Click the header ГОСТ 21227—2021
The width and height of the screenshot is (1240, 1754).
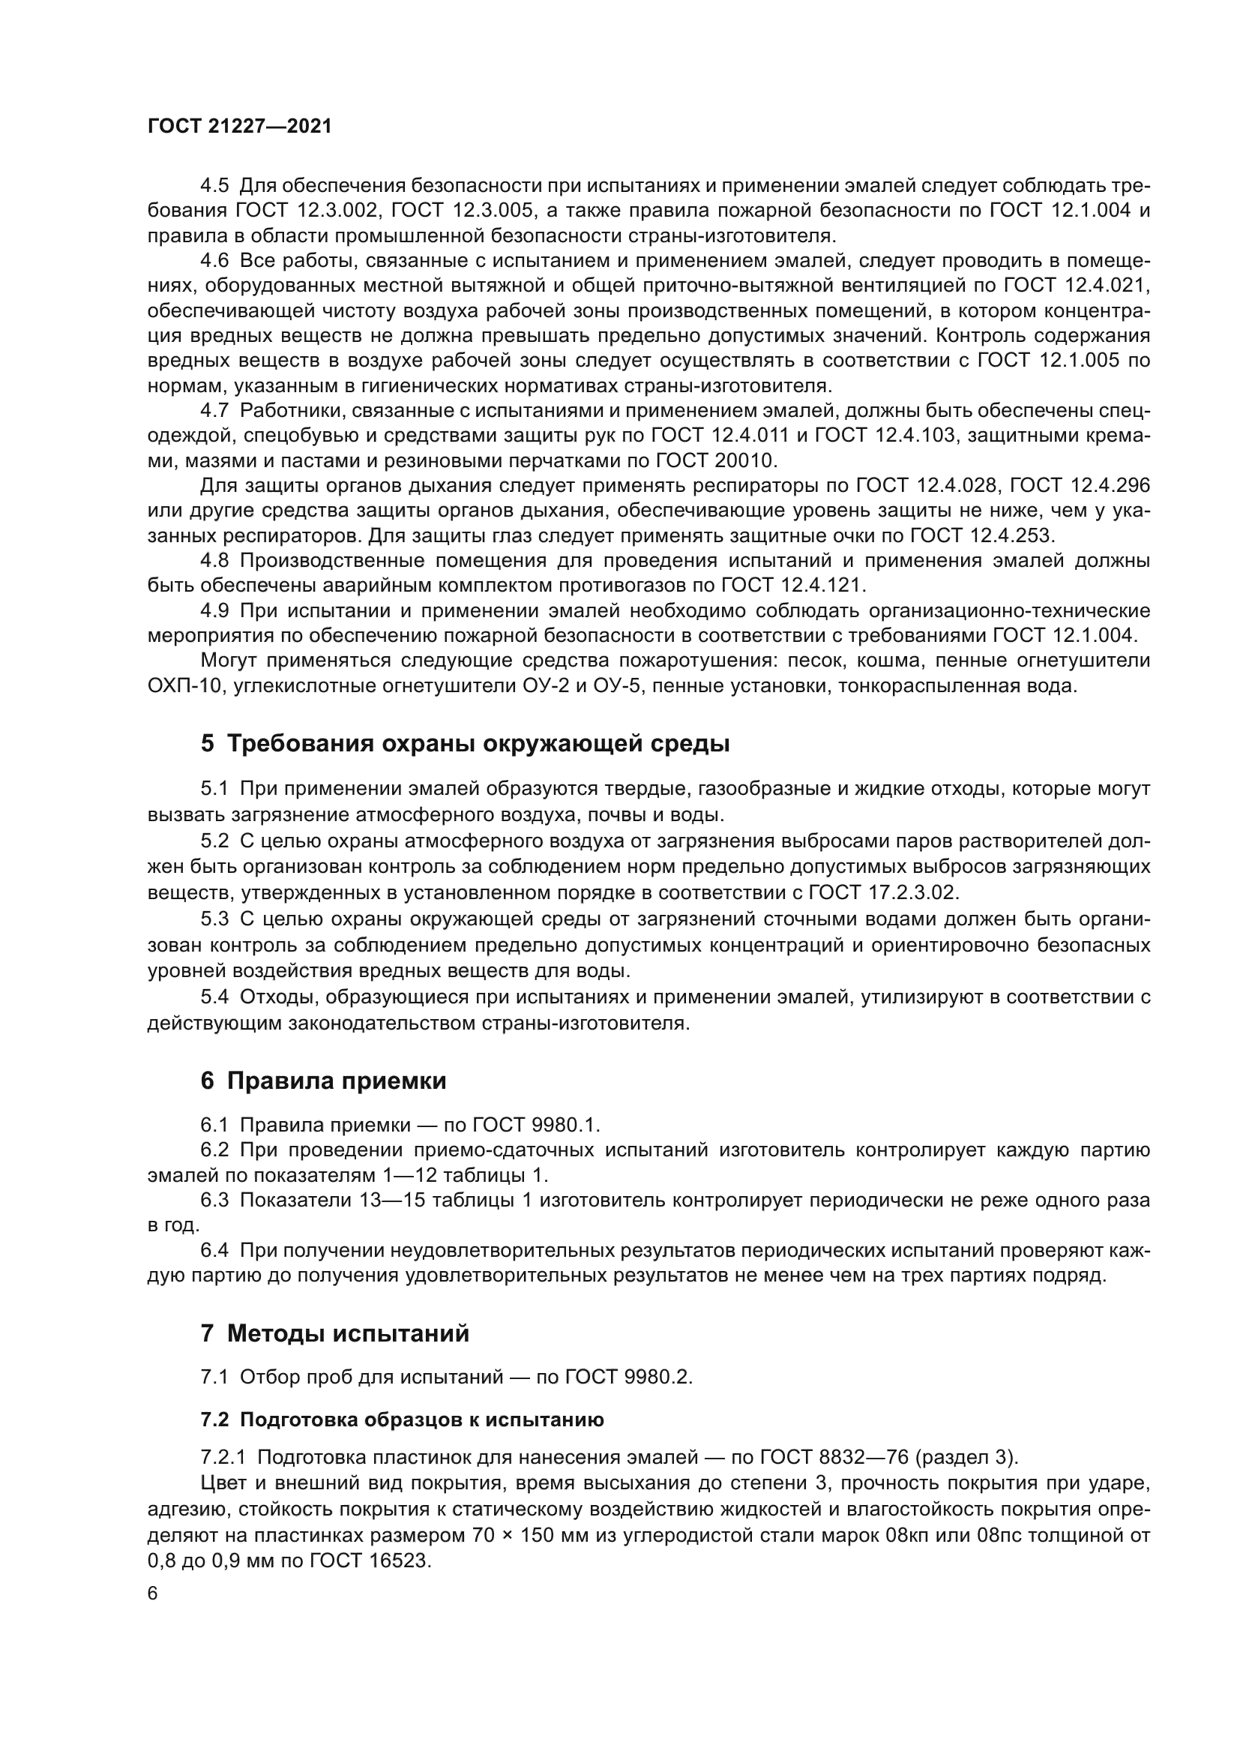tap(240, 127)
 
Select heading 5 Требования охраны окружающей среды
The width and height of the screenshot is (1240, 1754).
tap(465, 743)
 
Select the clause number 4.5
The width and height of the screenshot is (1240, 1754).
tap(214, 186)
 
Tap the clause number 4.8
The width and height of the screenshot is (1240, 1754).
tap(214, 561)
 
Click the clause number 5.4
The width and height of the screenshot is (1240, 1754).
tap(214, 997)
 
